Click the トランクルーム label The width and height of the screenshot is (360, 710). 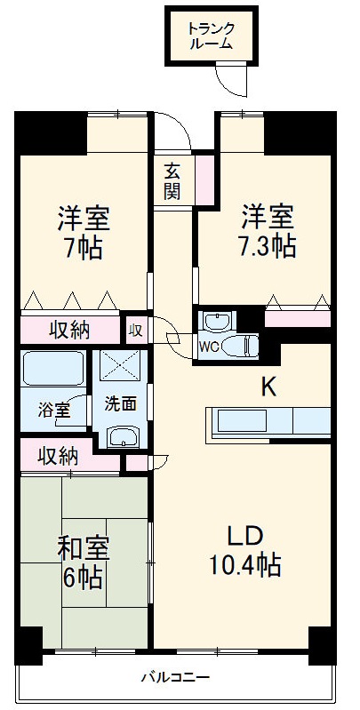click(210, 35)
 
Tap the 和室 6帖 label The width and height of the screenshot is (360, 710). click(81, 564)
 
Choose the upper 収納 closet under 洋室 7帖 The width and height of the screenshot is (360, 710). click(68, 330)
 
